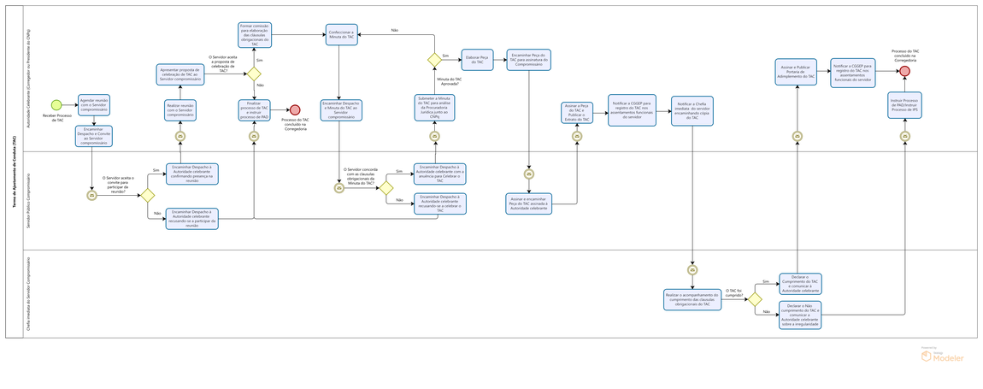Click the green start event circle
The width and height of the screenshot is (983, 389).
[56, 105]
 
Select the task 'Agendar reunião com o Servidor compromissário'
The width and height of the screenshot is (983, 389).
[93, 103]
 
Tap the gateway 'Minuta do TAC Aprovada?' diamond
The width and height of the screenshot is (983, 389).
[433, 59]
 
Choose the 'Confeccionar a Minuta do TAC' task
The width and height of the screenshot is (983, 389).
[339, 34]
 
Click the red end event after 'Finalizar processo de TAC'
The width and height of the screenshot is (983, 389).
[295, 109]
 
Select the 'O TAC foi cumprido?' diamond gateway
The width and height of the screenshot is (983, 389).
[754, 299]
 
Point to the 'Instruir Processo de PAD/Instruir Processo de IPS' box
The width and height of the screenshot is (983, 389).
[904, 104]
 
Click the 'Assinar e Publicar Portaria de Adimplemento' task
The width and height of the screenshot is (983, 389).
[798, 72]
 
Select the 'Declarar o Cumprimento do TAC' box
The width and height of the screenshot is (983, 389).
[800, 284]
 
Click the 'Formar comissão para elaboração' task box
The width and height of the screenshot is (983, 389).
[254, 34]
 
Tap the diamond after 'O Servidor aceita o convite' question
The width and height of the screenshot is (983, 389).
[147, 195]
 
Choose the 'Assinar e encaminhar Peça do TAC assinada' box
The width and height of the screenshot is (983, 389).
[529, 203]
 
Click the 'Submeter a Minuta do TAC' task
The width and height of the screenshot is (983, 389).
[434, 108]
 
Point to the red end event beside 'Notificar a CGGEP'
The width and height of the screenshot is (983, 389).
[904, 72]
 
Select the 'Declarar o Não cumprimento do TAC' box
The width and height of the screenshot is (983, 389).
[800, 314]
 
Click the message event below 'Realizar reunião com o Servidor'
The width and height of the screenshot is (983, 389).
[180, 136]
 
